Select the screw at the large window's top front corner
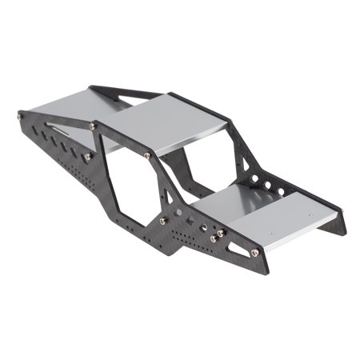coord(147,155)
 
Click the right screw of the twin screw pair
coord(221,233)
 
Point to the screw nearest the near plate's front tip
coord(254,253)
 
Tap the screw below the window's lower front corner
coord(164,221)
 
